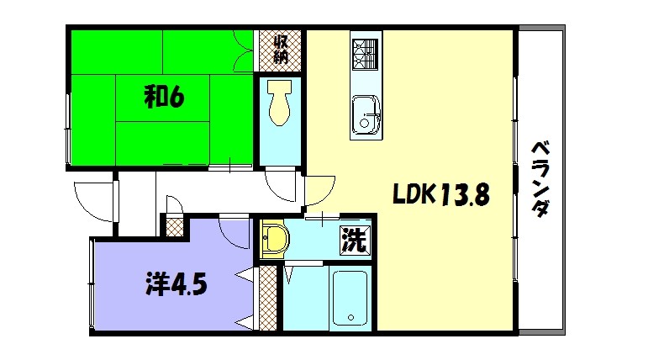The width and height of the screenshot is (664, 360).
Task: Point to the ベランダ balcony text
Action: pos(540,178)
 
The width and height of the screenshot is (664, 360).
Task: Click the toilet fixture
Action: pos(278,105)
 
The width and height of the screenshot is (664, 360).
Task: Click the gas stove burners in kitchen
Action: pos(365,56)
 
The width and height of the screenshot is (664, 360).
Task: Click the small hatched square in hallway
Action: pos(175,225)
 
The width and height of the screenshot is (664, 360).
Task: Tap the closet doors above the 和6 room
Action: pos(244,52)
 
